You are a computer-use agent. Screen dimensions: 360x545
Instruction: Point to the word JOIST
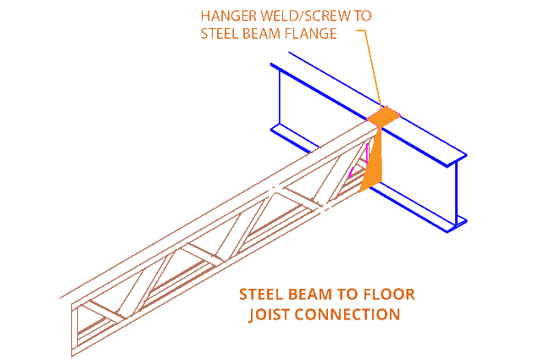pos(270,315)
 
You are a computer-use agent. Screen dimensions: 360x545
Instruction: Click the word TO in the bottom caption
pos(346,296)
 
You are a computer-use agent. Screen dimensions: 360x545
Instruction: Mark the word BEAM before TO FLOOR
pos(312,296)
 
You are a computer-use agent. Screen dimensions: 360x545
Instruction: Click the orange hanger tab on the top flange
pos(384,115)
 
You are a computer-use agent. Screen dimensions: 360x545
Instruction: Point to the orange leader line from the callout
pos(370,68)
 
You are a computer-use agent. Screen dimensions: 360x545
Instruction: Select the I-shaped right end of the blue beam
pos(458,191)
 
